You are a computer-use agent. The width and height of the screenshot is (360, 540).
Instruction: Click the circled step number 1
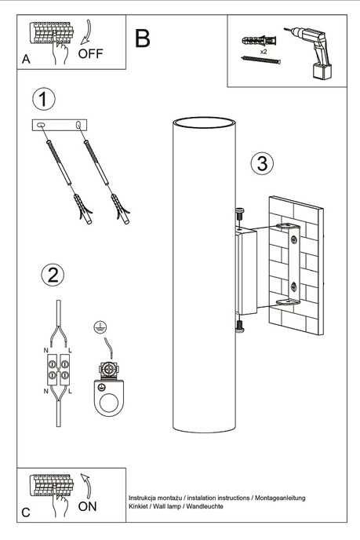(x=45, y=100)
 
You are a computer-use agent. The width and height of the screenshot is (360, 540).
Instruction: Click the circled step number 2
(x=52, y=275)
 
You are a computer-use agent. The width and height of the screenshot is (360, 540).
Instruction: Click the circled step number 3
(x=262, y=164)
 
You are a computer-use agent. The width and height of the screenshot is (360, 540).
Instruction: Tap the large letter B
(x=142, y=37)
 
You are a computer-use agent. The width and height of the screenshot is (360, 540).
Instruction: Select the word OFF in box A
(x=91, y=54)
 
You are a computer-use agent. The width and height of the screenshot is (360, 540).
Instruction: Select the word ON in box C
(x=88, y=507)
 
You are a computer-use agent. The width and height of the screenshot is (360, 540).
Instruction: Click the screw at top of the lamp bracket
(x=238, y=211)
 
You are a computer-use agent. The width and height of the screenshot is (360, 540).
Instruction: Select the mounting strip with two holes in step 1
(x=61, y=126)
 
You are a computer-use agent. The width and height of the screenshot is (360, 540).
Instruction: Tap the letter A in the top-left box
(x=26, y=59)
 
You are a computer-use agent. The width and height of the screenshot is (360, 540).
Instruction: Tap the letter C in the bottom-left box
(x=26, y=512)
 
